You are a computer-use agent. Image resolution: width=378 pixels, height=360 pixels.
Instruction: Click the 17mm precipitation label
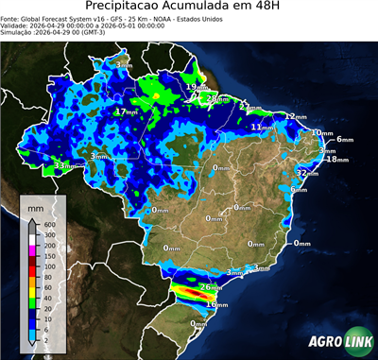pyautogui.click(x=125, y=111)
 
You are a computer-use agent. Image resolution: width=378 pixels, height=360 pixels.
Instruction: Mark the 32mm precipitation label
pyautogui.click(x=306, y=174)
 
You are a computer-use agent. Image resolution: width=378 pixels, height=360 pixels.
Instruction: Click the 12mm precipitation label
pyautogui.click(x=296, y=116)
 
